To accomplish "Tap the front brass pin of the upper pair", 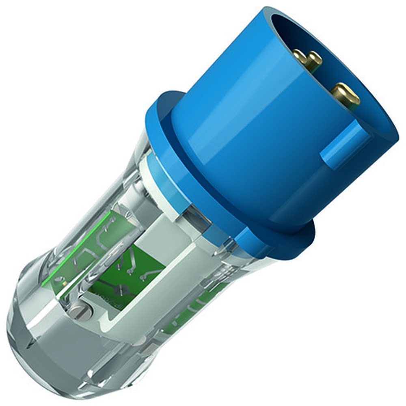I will pyautogui.click(x=313, y=61).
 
